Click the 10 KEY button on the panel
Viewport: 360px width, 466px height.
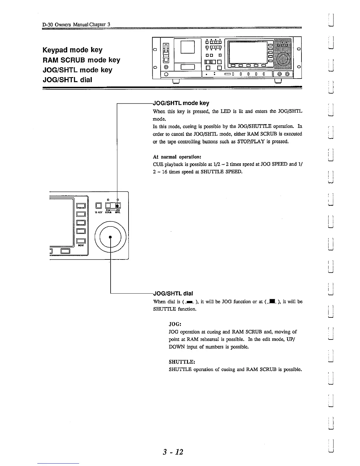(99, 206)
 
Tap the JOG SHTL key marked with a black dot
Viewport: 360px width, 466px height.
(117, 206)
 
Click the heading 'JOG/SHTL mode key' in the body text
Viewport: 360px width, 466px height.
(181, 103)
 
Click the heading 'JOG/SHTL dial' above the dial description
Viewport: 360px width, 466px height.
(173, 293)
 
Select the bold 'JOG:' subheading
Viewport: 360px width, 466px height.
(175, 324)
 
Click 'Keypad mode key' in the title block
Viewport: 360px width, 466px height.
(73, 50)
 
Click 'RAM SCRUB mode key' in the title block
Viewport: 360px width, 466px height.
(81, 60)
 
